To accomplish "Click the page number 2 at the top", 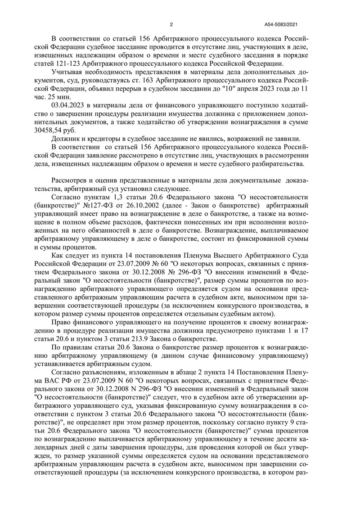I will click(x=171, y=24).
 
